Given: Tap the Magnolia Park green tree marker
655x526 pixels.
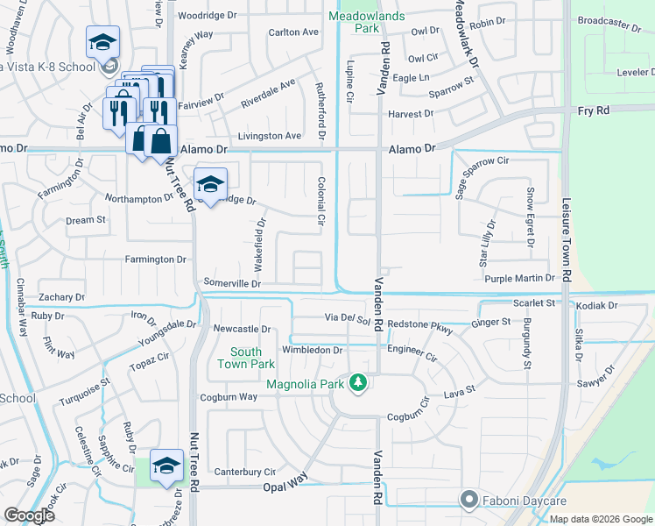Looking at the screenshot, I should click(x=357, y=381).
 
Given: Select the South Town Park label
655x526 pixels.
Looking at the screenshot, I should click(x=241, y=358).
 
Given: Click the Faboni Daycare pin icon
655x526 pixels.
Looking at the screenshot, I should click(x=469, y=501).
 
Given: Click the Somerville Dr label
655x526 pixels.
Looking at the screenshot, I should click(x=232, y=283).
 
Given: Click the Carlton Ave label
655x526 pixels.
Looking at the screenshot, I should click(x=293, y=32).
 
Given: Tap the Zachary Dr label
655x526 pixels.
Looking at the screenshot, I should click(x=61, y=297).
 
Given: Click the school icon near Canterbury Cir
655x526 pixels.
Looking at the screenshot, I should click(x=166, y=466).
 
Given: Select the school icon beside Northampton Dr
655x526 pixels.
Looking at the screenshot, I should click(x=210, y=184).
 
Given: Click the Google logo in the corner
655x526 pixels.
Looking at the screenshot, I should click(x=30, y=515).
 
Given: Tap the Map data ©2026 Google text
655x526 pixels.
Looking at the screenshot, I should click(x=600, y=519).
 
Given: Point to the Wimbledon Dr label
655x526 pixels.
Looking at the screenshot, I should click(x=312, y=350).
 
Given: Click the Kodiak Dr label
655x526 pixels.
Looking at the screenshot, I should click(x=597, y=305).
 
